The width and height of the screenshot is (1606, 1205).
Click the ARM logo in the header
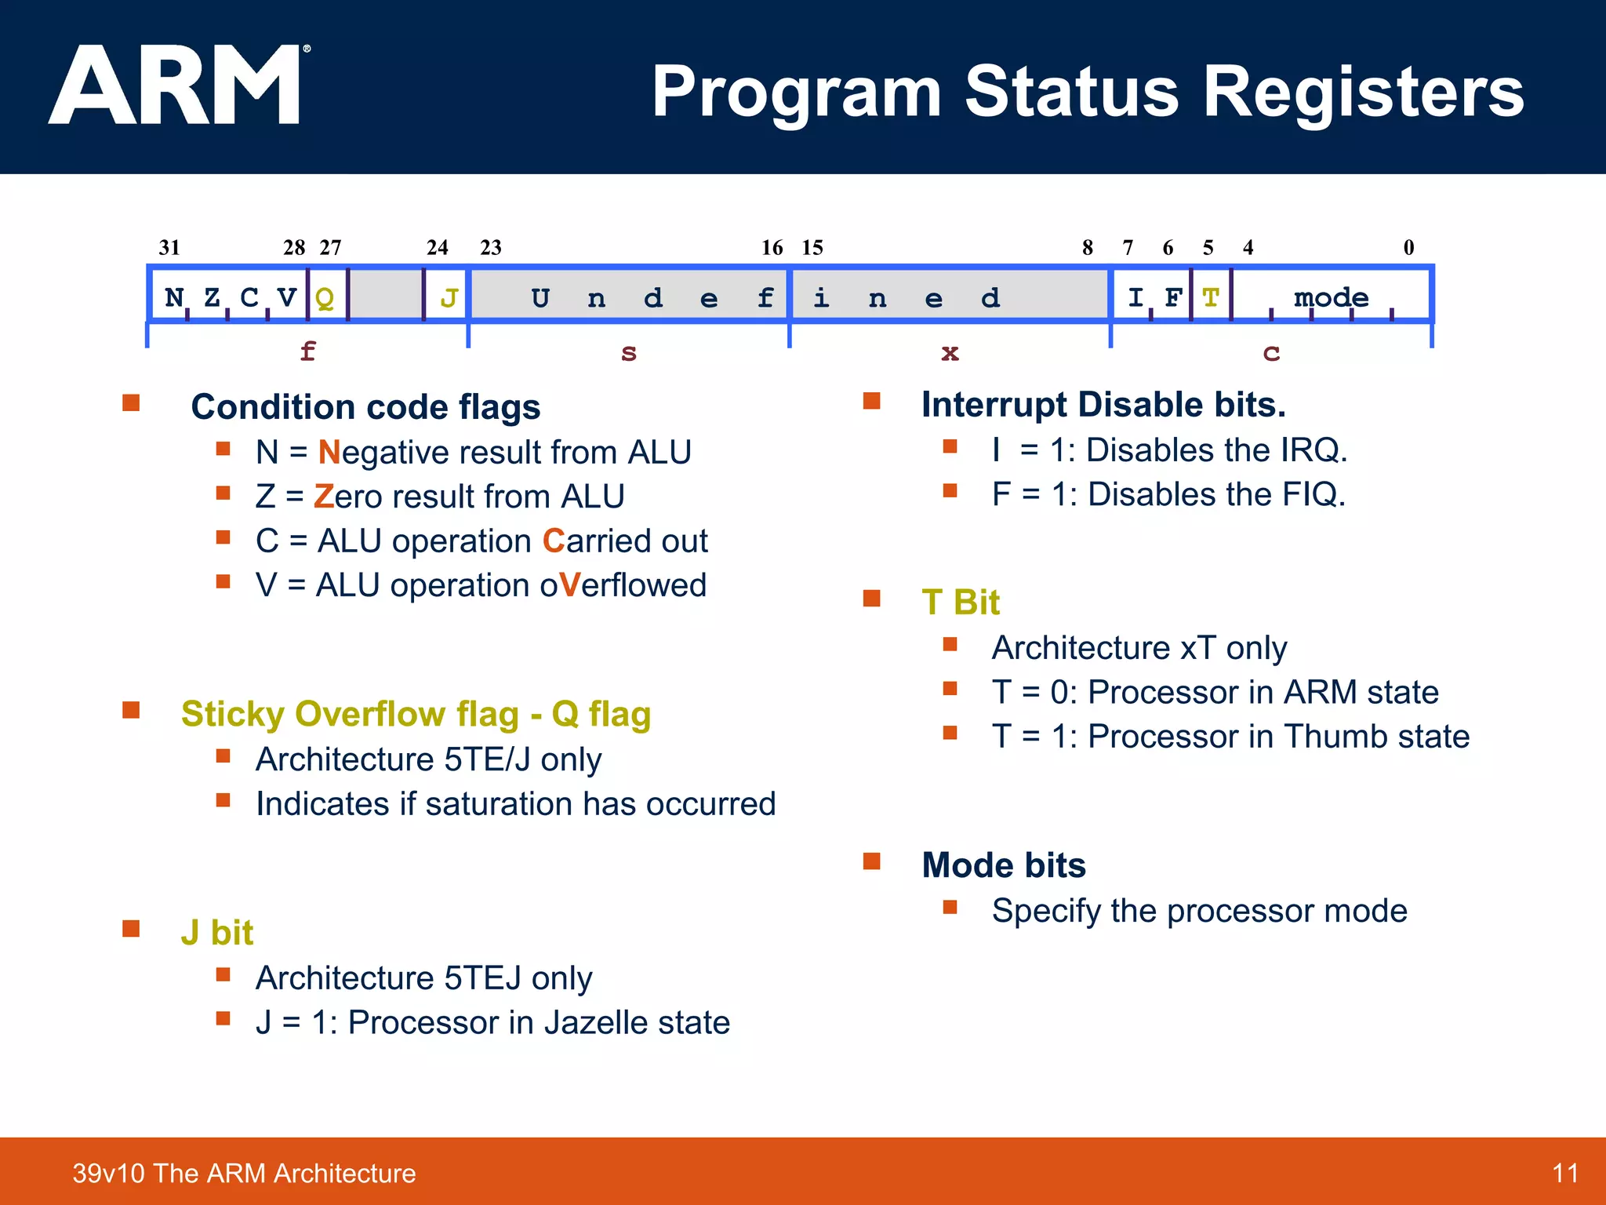(176, 85)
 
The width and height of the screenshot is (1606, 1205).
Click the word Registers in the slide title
(1363, 93)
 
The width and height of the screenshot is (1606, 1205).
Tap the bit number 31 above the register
(169, 248)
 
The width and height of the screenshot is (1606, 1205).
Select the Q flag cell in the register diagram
(325, 297)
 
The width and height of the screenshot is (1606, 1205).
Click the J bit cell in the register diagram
(449, 297)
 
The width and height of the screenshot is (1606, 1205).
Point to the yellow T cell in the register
(1211, 297)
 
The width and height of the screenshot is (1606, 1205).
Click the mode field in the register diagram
(1331, 297)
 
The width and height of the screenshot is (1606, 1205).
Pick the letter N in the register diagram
(174, 297)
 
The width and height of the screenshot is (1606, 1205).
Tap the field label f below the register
(307, 351)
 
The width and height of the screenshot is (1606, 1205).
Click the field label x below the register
(950, 352)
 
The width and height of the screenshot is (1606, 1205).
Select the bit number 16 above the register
(772, 248)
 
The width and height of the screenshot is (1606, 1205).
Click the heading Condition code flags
(365, 407)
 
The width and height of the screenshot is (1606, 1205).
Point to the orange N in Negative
(329, 453)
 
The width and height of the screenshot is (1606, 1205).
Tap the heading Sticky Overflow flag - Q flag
(416, 714)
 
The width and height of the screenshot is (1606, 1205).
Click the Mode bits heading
(1004, 865)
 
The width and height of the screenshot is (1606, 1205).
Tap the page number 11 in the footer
(1564, 1174)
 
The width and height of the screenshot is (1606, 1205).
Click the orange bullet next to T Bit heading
(871, 599)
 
